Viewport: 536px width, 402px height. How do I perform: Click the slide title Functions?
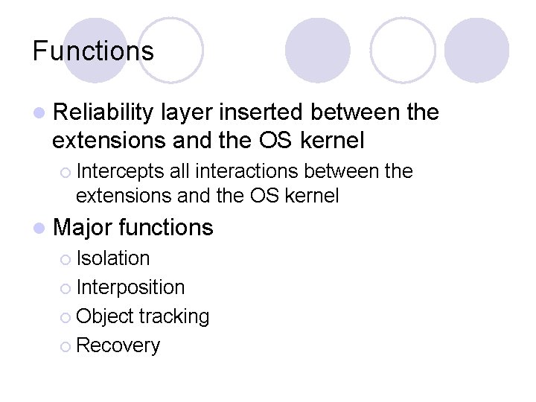pyautogui.click(x=93, y=51)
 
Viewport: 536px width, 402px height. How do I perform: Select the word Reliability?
pyautogui.click(x=103, y=112)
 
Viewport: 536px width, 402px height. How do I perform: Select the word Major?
pyautogui.click(x=83, y=228)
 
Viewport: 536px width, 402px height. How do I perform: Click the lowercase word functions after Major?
pyautogui.click(x=165, y=228)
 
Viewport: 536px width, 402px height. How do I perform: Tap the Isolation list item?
pyautogui.click(x=113, y=258)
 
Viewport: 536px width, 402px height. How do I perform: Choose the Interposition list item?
pyautogui.click(x=130, y=287)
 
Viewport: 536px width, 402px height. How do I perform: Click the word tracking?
pyautogui.click(x=175, y=316)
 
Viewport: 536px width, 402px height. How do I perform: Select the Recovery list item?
pyautogui.click(x=118, y=345)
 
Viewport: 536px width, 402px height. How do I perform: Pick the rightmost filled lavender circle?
pyautogui.click(x=476, y=50)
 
